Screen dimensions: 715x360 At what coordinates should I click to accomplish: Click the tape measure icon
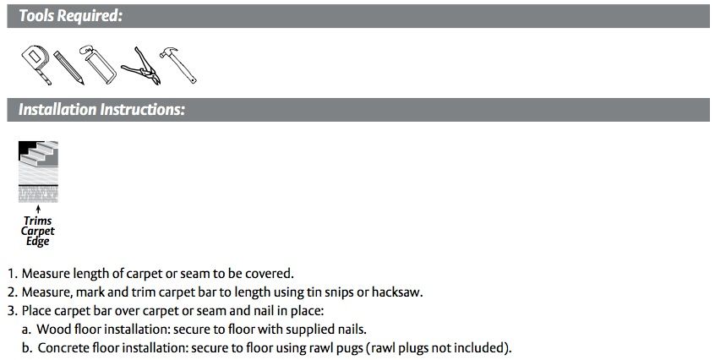pos(35,63)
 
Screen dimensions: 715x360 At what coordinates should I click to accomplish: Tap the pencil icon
pos(68,68)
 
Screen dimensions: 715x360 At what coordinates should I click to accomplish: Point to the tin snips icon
pos(140,66)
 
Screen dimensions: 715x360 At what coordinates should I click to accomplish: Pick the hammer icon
pos(177,65)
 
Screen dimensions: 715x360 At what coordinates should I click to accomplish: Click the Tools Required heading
pos(71,16)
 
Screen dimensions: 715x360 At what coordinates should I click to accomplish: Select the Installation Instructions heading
pos(101,110)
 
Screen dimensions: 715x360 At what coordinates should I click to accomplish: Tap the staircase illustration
pos(38,172)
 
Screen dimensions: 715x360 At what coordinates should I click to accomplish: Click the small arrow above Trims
pos(38,210)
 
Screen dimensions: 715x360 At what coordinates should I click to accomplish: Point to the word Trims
pos(38,221)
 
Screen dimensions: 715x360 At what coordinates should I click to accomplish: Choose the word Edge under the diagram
pos(38,242)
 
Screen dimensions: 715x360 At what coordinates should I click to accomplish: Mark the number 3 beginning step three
pos(11,311)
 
